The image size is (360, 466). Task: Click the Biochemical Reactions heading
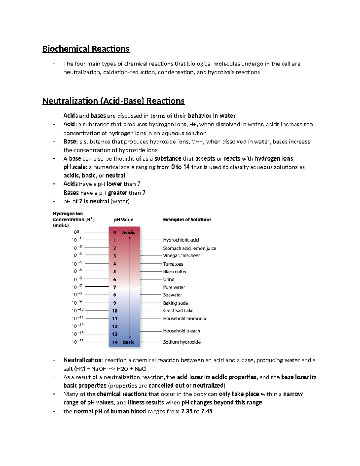[86, 49]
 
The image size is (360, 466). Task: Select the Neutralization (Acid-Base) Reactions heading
[113, 101]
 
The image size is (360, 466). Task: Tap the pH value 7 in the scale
[115, 287]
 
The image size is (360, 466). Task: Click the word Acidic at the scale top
[129, 233]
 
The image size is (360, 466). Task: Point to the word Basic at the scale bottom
[129, 342]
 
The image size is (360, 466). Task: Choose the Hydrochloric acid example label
[181, 240]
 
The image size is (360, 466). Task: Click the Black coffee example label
[175, 272]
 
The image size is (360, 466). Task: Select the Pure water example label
[174, 287]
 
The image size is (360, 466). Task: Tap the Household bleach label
[181, 331]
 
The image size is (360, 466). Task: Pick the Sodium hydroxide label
[182, 342]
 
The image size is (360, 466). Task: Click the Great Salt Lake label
[178, 311]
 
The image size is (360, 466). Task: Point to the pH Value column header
[123, 220]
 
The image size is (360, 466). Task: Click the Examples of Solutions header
[187, 220]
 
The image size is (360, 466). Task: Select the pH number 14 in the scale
[115, 342]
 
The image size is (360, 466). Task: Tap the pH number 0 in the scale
[115, 233]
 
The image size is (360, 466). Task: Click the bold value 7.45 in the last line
[207, 411]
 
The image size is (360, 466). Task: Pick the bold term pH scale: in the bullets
[75, 167]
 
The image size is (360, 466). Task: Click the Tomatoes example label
[173, 264]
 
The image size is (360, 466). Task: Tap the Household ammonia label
[184, 319]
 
